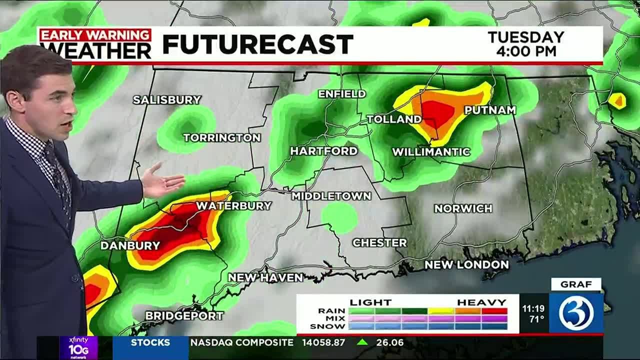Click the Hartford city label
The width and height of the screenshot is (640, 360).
324,151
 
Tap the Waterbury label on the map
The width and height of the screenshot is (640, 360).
233,206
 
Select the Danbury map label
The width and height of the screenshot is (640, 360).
130,245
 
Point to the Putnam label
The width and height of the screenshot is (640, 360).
490,110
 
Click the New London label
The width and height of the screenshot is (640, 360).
466,265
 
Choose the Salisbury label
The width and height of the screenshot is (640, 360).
167,100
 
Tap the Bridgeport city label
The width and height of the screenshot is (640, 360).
184,316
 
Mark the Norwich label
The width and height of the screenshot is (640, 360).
463,208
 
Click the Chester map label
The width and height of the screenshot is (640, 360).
379,243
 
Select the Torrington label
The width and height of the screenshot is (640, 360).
222,137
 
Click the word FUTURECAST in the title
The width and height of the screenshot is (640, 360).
258,44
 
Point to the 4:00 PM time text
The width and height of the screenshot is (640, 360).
525,51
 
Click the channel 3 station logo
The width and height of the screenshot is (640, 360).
576,313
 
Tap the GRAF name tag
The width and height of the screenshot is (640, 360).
576,284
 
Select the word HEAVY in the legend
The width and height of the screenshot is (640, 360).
481,302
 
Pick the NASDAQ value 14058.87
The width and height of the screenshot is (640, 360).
323,342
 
